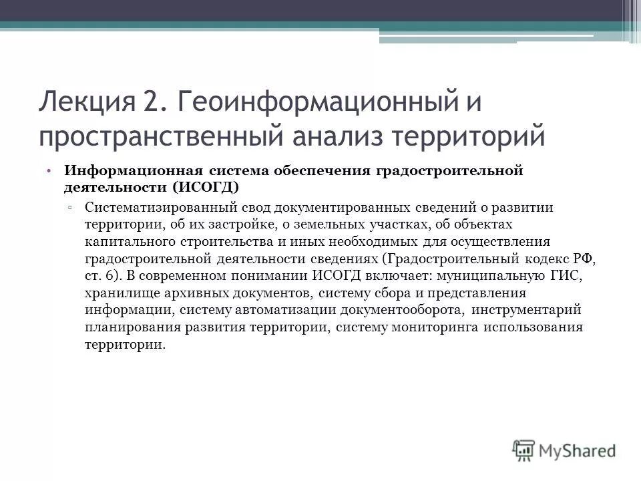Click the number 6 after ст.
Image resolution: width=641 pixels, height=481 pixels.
(110, 275)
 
